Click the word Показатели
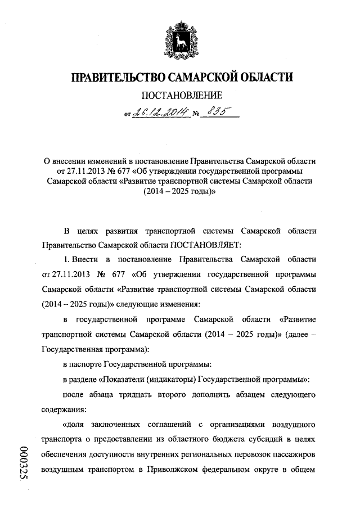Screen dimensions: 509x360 [x=129, y=379]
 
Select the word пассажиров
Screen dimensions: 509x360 [x=296, y=453]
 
